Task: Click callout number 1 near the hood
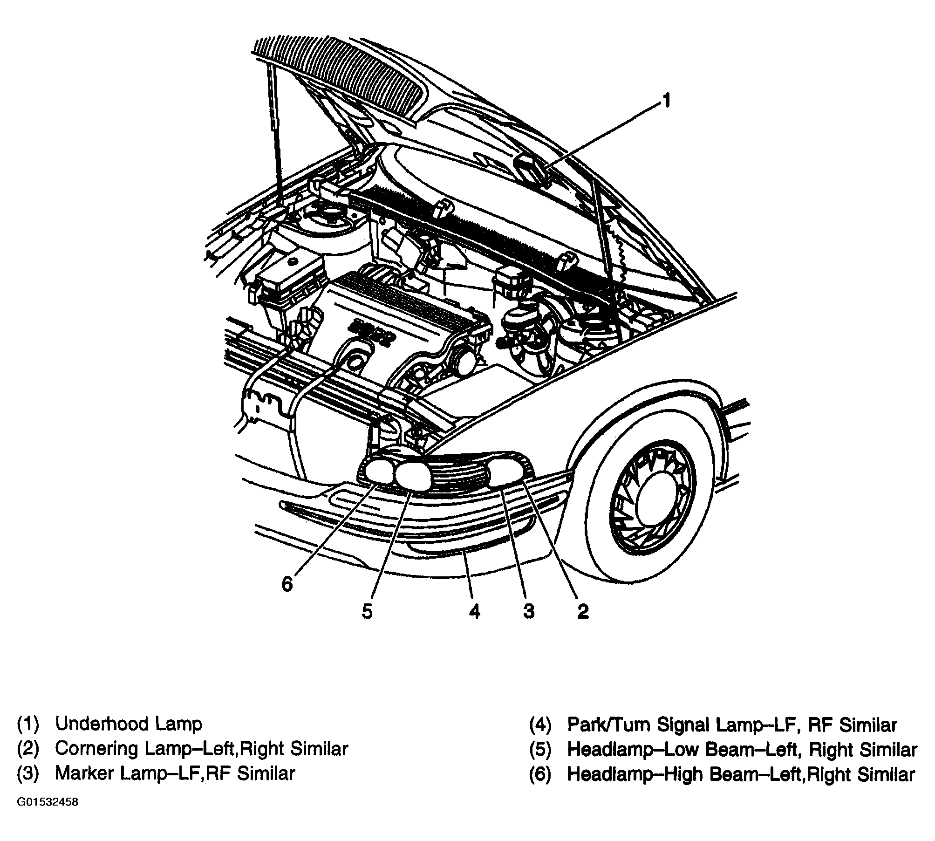coord(667,100)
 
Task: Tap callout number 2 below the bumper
coord(583,611)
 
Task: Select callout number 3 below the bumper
coord(528,611)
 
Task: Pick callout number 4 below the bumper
coord(474,611)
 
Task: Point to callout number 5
coord(367,611)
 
